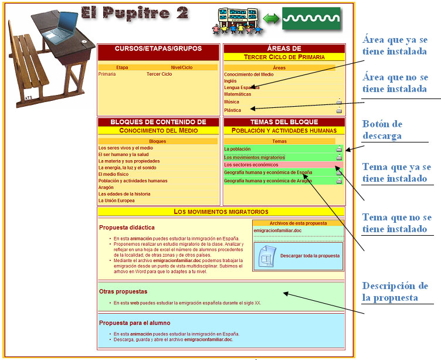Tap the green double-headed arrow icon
coord(271,19)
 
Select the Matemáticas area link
coord(238,94)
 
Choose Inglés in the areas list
coord(230,81)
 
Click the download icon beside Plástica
coord(339,110)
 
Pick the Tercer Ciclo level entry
coord(159,74)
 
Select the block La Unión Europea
coord(117,201)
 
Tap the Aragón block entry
coord(106,188)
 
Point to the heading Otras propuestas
coord(123,291)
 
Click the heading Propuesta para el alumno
coord(134,322)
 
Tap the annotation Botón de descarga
coord(382,130)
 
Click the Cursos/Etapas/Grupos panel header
coord(158,49)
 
